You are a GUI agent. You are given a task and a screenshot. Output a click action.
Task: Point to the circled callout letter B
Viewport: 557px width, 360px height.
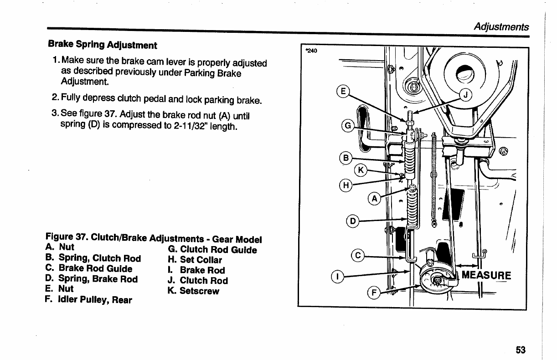point(346,158)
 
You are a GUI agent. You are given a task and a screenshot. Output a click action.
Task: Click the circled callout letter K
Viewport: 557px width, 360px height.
point(361,170)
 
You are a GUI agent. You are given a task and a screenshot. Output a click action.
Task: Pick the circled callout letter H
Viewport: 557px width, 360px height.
point(346,185)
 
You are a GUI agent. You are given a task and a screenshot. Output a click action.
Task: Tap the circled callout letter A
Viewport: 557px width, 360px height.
point(374,199)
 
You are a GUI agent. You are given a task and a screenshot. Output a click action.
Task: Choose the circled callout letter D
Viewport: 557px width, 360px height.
point(352,221)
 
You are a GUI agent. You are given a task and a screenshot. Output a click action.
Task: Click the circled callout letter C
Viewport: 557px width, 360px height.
point(358,256)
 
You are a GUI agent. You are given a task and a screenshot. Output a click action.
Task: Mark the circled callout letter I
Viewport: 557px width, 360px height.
point(337,276)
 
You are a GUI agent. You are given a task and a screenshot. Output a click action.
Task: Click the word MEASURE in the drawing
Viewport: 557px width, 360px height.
point(486,275)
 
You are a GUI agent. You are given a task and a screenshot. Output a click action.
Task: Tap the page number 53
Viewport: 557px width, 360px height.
point(521,350)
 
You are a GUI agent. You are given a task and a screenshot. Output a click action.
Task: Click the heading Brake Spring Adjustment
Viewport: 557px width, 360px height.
point(103,45)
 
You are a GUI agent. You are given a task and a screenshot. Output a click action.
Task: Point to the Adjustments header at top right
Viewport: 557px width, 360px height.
point(501,26)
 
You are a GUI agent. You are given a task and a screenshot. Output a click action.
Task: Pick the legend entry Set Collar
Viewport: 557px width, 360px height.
point(195,260)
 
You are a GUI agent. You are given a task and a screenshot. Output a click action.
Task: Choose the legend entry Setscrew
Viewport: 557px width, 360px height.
point(194,291)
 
